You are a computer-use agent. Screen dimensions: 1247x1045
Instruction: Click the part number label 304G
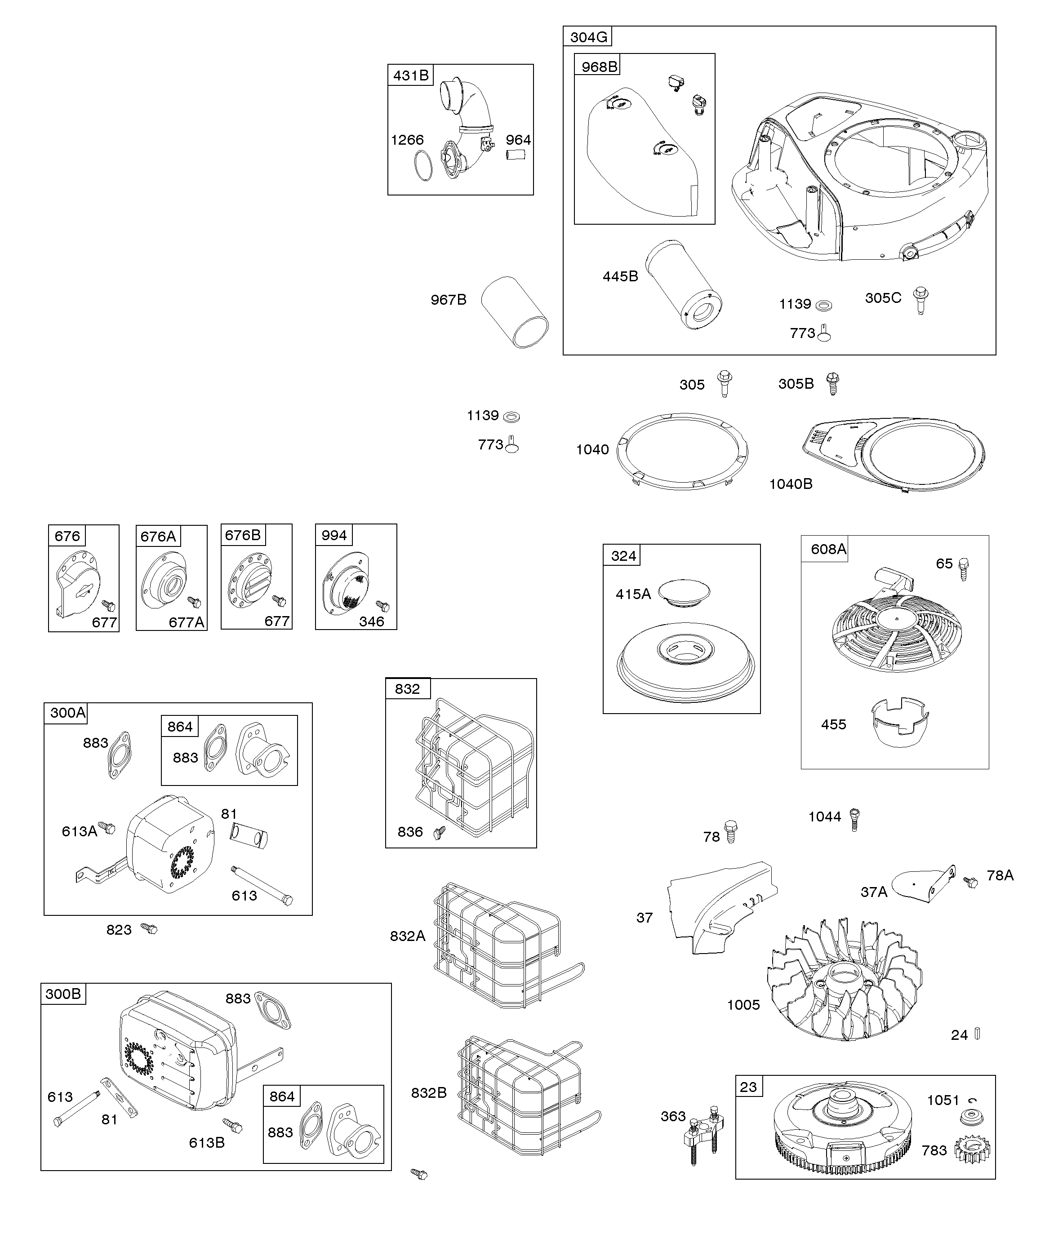[588, 37]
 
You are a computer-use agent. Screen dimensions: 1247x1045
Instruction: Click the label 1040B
[791, 484]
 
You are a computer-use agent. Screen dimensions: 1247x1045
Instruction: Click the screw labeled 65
[964, 568]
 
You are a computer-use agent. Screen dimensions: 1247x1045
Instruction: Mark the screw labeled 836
[440, 833]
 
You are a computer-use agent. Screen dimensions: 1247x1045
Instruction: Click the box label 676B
[242, 535]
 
